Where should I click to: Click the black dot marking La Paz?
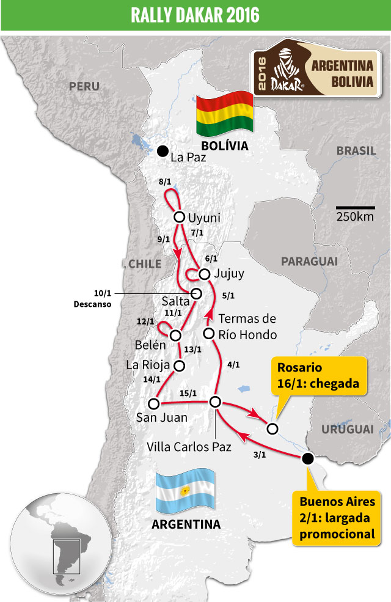(x=163, y=151)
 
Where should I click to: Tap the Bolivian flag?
(x=224, y=113)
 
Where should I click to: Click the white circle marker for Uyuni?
(x=180, y=217)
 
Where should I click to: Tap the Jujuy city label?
(x=229, y=274)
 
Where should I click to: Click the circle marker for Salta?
(x=197, y=293)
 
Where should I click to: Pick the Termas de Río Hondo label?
(x=247, y=327)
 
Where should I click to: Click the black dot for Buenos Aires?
(x=308, y=458)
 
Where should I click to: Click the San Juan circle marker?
(x=154, y=403)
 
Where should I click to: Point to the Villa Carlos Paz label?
(x=189, y=447)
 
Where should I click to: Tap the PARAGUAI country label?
(x=309, y=262)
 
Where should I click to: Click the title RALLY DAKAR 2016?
(x=195, y=15)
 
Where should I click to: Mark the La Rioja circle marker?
(x=180, y=365)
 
